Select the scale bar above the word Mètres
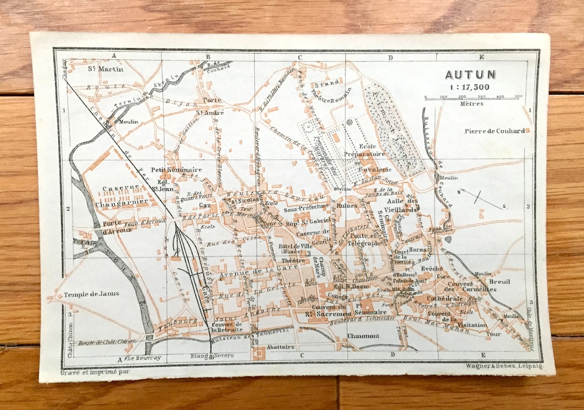(473, 98)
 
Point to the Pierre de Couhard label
(494, 131)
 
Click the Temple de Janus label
(91, 294)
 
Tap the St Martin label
(105, 69)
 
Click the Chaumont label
(363, 336)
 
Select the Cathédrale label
(444, 299)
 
